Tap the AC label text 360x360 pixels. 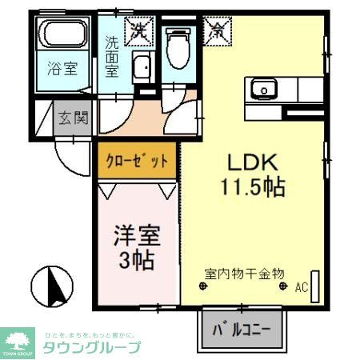(x=302, y=286)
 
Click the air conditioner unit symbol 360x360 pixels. (x=315, y=285)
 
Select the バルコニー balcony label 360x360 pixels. (x=241, y=330)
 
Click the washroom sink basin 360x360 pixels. (x=142, y=68)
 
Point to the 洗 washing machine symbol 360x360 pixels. (x=141, y=31)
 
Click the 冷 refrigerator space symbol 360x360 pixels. (x=217, y=31)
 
